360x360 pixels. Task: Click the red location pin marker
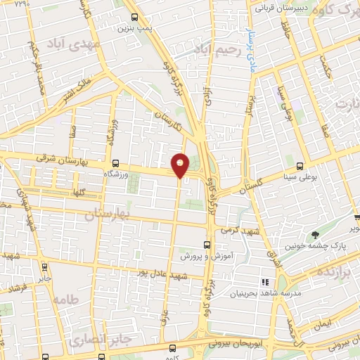click(181, 165)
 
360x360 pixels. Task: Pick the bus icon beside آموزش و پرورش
click(205, 245)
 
